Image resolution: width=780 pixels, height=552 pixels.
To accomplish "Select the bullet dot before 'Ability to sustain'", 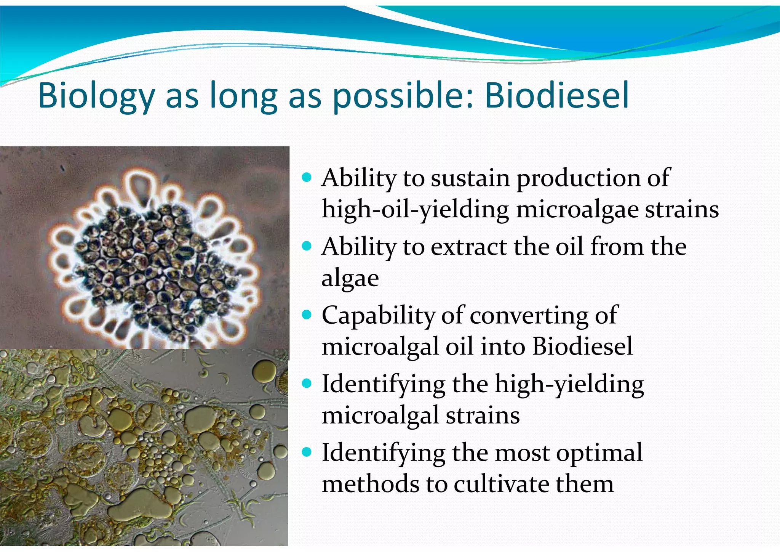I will pos(306,177).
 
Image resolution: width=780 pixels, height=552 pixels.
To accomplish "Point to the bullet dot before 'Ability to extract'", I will pos(306,246).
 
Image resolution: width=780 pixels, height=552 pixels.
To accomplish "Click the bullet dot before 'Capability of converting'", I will pos(306,315).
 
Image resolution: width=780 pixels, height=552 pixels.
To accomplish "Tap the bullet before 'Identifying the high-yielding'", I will pos(306,383).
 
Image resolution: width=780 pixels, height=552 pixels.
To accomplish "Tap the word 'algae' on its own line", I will pos(350,278).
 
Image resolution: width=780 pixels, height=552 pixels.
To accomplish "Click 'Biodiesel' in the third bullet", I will pos(582,346).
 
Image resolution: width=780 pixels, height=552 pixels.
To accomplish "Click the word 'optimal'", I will pos(599,453).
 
